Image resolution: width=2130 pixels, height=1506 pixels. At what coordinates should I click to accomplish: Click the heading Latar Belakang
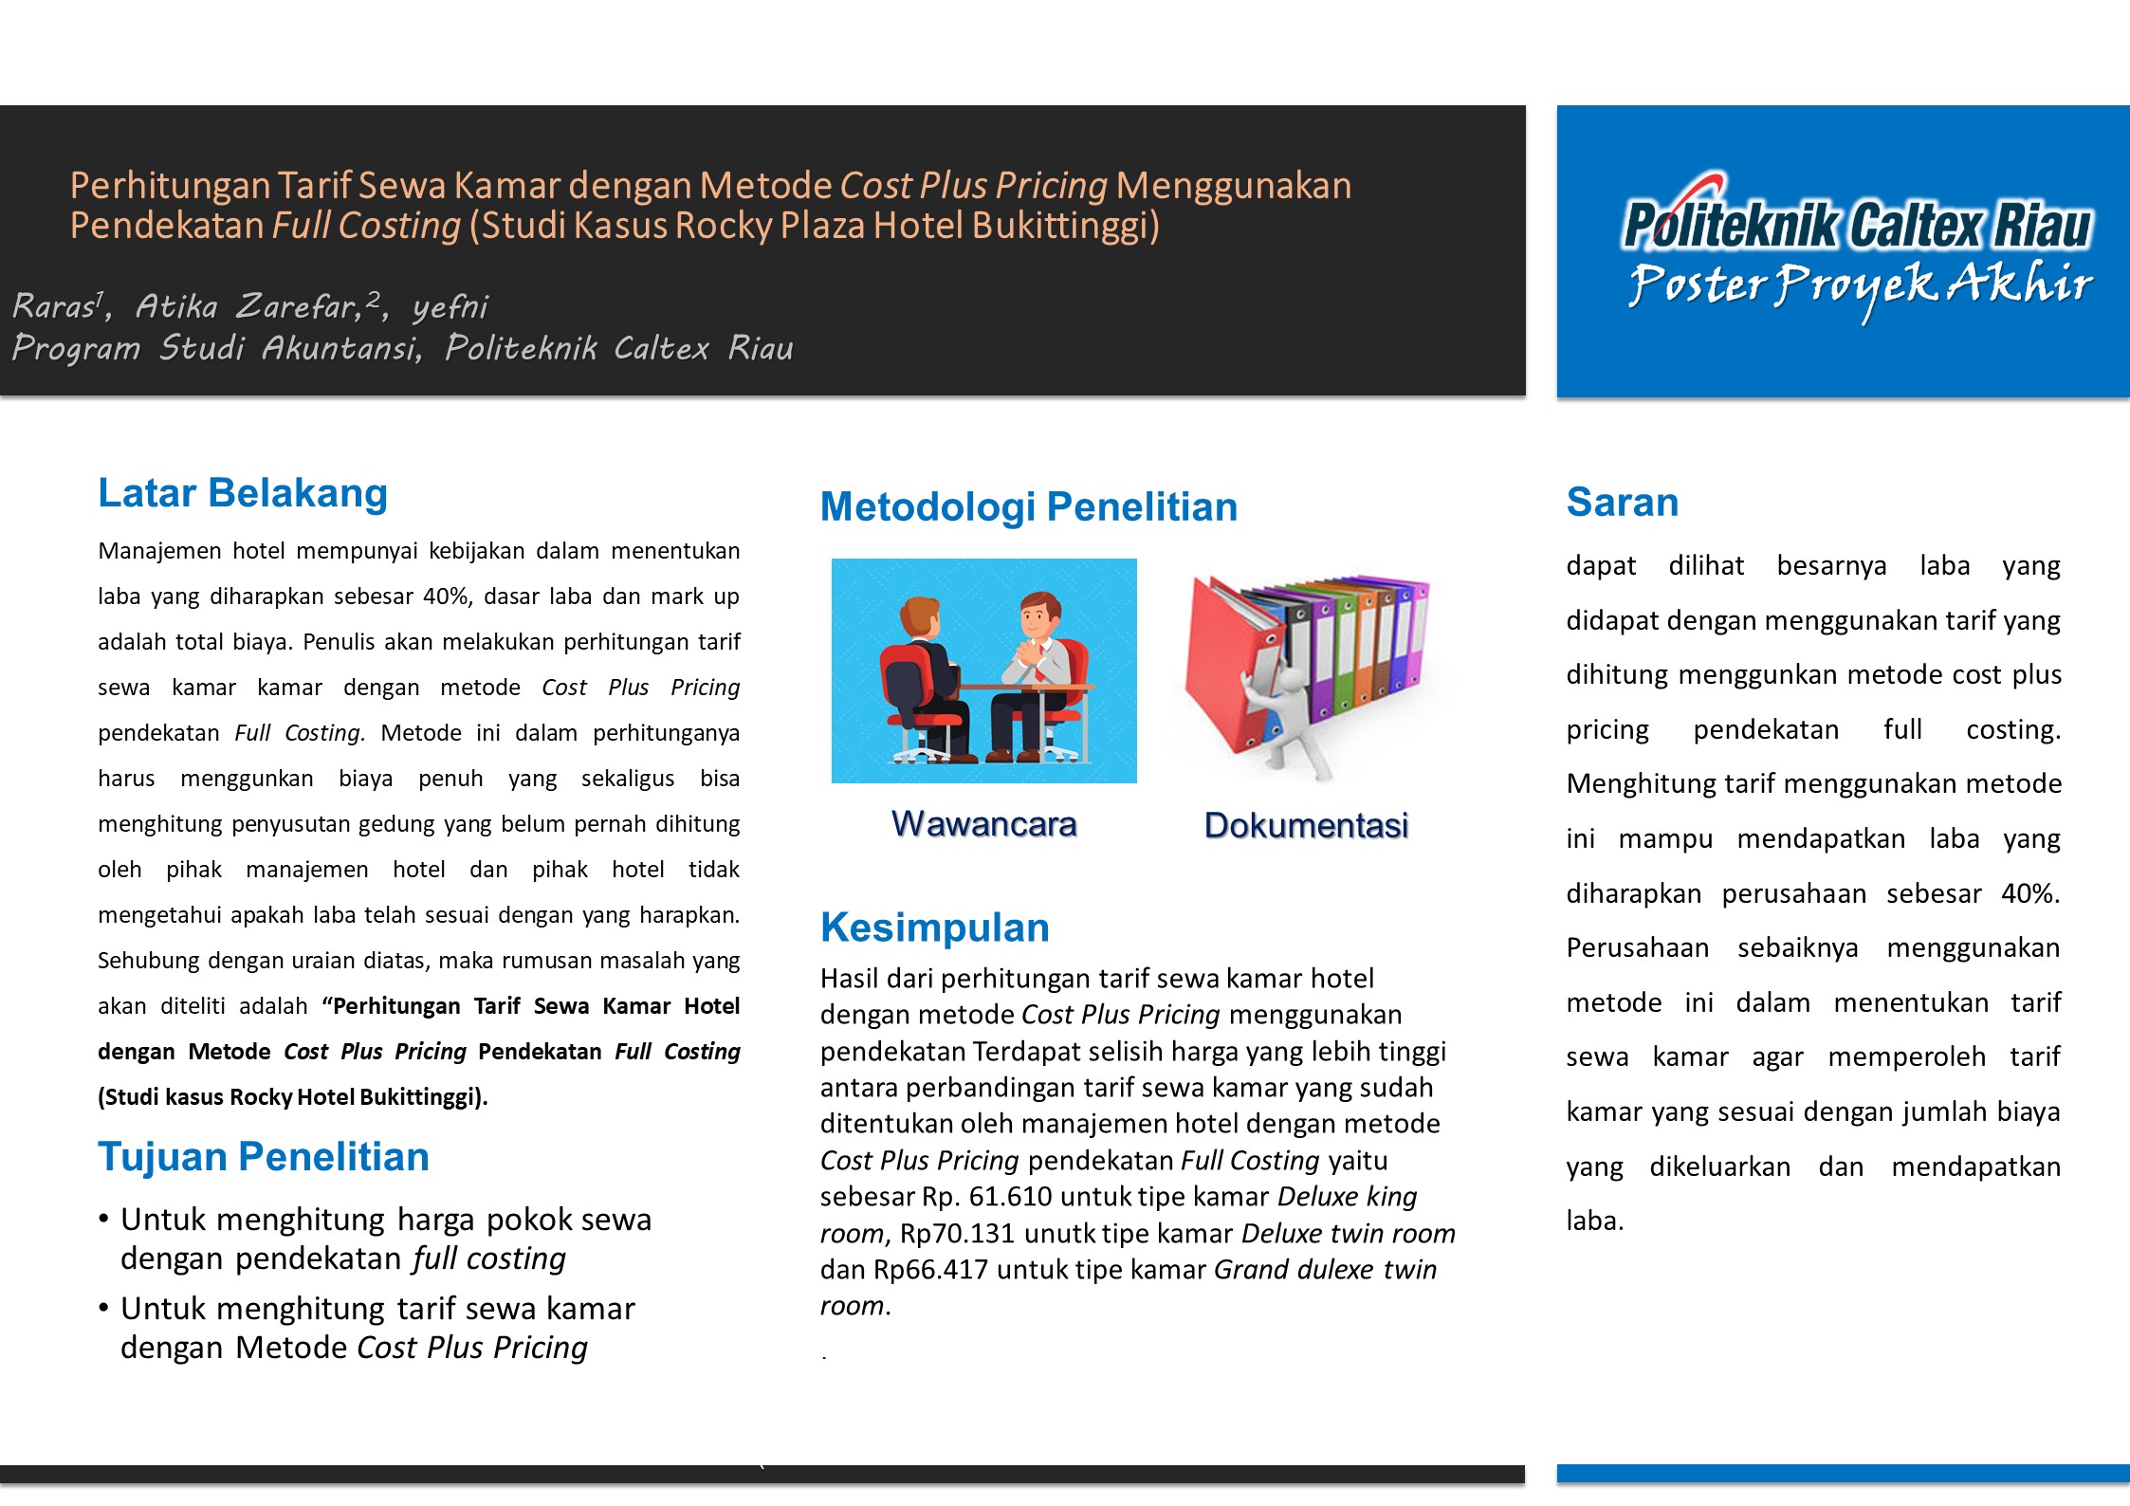243,493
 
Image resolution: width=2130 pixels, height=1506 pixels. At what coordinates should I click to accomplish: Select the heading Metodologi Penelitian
1028,506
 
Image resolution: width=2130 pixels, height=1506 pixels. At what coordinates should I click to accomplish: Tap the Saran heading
1622,502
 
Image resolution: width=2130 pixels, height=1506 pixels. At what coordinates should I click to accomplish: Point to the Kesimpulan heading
934,927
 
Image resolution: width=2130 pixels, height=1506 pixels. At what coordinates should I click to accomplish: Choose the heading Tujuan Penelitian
263,1157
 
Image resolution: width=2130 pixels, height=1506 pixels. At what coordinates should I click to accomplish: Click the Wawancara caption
983,824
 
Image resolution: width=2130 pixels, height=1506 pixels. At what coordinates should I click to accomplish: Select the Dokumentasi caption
1306,825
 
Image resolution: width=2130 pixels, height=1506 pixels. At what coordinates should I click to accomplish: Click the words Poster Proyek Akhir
1860,285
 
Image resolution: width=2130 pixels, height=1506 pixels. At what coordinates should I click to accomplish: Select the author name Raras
53,306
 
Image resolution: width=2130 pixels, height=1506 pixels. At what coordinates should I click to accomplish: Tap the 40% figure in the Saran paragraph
2029,893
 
